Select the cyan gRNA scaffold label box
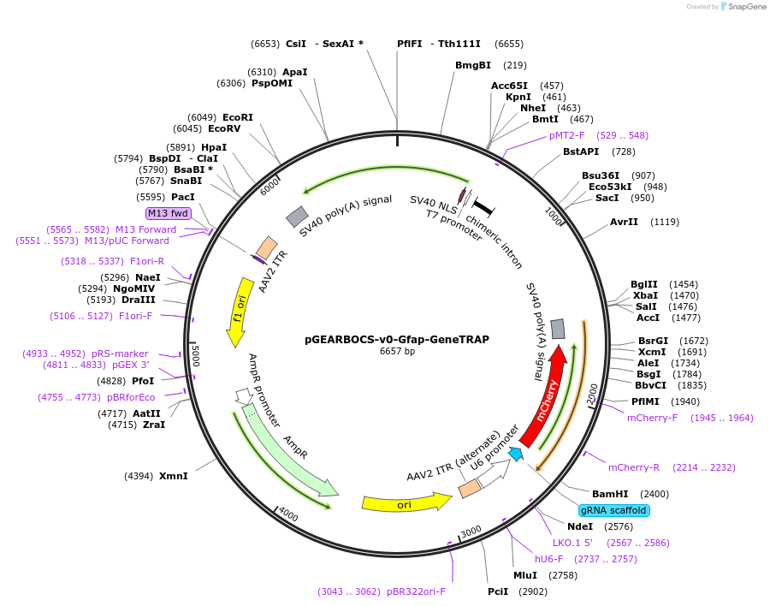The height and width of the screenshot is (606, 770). (x=613, y=510)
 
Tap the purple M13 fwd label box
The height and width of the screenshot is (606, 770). (x=168, y=213)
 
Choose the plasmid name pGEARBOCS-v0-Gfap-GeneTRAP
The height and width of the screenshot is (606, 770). (x=397, y=339)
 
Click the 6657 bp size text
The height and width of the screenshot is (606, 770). (x=397, y=351)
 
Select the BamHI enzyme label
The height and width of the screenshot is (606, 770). (x=610, y=494)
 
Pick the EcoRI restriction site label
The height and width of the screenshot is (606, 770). (x=238, y=117)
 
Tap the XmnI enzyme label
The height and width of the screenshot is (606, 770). (x=173, y=475)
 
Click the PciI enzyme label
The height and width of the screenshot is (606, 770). (x=498, y=591)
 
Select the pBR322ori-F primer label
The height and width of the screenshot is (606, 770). (x=416, y=591)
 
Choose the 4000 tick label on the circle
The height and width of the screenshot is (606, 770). (x=288, y=515)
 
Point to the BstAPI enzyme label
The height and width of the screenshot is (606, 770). (x=581, y=151)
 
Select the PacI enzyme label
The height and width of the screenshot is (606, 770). (x=183, y=196)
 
